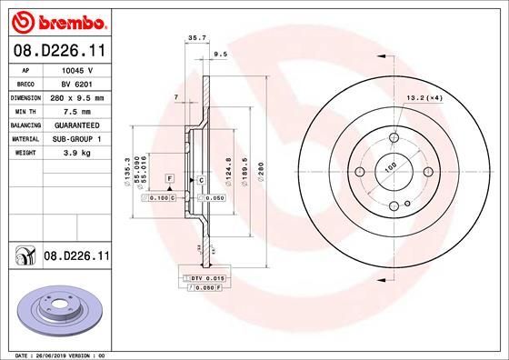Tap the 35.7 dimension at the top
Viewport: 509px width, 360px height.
[x=193, y=38]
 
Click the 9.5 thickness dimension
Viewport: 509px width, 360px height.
[x=219, y=55]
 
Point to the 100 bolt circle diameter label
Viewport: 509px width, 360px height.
[x=391, y=169]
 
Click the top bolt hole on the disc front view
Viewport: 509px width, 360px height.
[x=396, y=138]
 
